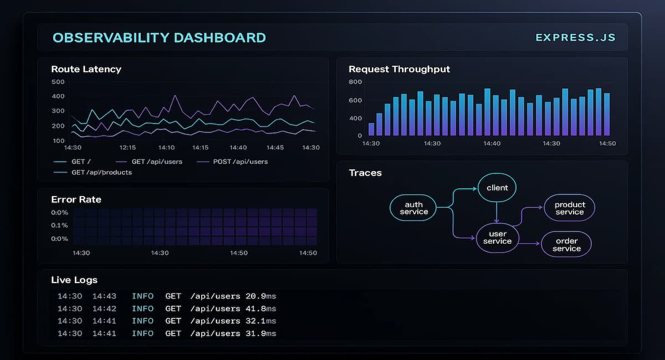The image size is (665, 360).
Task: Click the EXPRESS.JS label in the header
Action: (575, 38)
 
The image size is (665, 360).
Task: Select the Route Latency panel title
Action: (86, 69)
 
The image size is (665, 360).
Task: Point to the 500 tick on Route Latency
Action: (58, 82)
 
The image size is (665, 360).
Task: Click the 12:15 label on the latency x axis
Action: (127, 148)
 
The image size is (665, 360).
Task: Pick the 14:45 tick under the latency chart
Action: (275, 148)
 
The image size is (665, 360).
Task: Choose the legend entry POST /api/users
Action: (241, 162)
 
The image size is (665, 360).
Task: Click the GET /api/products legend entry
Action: (101, 172)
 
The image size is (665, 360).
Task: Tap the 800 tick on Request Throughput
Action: (355, 82)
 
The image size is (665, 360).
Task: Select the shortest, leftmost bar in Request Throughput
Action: (371, 129)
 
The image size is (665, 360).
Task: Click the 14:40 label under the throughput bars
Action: (492, 143)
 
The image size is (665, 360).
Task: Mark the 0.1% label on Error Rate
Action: (59, 225)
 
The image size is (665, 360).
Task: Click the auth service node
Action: (413, 208)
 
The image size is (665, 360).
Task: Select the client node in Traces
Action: (497, 188)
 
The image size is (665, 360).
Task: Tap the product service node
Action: (570, 208)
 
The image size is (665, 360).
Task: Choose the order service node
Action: (566, 244)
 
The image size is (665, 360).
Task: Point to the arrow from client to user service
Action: (497, 212)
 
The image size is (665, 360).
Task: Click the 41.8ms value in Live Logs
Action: (260, 308)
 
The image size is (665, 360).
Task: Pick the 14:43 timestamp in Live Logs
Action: (104, 296)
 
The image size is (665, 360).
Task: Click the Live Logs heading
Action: (74, 280)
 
